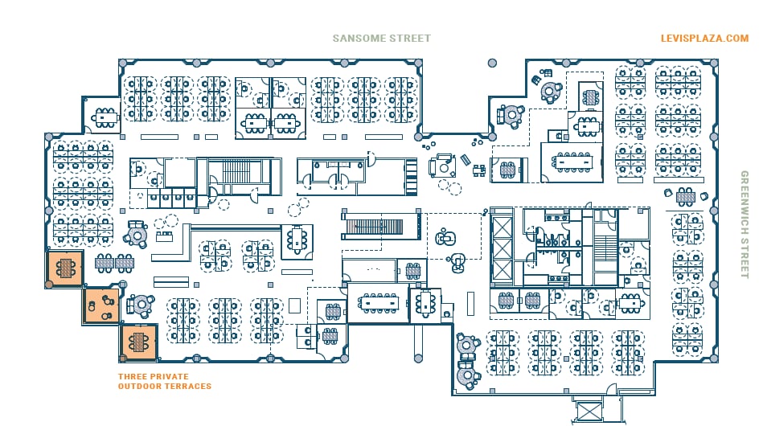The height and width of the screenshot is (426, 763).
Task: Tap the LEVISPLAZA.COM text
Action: (x=704, y=38)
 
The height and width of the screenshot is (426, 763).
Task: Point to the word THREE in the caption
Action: (x=131, y=376)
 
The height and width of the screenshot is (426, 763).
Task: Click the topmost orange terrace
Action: (x=64, y=268)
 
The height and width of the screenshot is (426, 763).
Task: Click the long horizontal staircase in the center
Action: (x=379, y=226)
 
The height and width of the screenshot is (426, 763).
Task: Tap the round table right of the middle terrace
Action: (x=141, y=305)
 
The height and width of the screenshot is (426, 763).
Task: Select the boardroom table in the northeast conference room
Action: (x=573, y=162)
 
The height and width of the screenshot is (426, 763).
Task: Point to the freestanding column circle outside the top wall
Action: (x=492, y=63)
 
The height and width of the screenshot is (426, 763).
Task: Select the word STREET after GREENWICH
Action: (x=745, y=257)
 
